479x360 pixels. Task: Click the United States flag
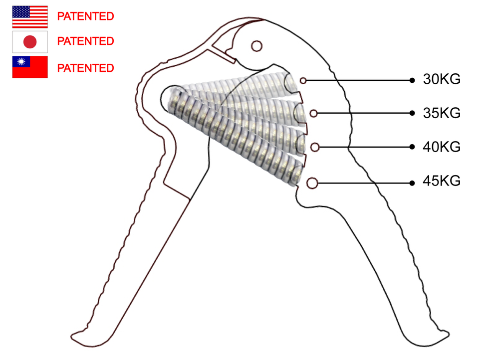tap(29, 17)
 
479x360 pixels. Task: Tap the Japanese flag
tap(29, 42)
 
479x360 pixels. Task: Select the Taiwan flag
tap(29, 67)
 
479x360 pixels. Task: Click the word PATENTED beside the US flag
tap(85, 16)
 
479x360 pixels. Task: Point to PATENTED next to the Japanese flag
tap(85, 41)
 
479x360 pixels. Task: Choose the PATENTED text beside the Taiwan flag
tap(85, 68)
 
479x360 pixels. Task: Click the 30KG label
tap(442, 80)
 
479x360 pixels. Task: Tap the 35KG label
tap(442, 113)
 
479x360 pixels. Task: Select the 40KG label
tap(442, 147)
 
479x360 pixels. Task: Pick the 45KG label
tap(442, 181)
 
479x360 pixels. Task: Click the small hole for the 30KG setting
tap(303, 80)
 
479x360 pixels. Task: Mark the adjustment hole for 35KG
tap(313, 114)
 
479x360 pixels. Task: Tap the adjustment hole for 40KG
tap(314, 147)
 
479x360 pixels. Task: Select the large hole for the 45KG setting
tap(312, 183)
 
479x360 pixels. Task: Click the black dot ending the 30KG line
tap(412, 80)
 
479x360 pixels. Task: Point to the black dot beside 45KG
tap(412, 183)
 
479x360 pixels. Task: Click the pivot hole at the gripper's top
tap(256, 46)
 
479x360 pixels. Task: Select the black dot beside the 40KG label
tap(412, 147)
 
